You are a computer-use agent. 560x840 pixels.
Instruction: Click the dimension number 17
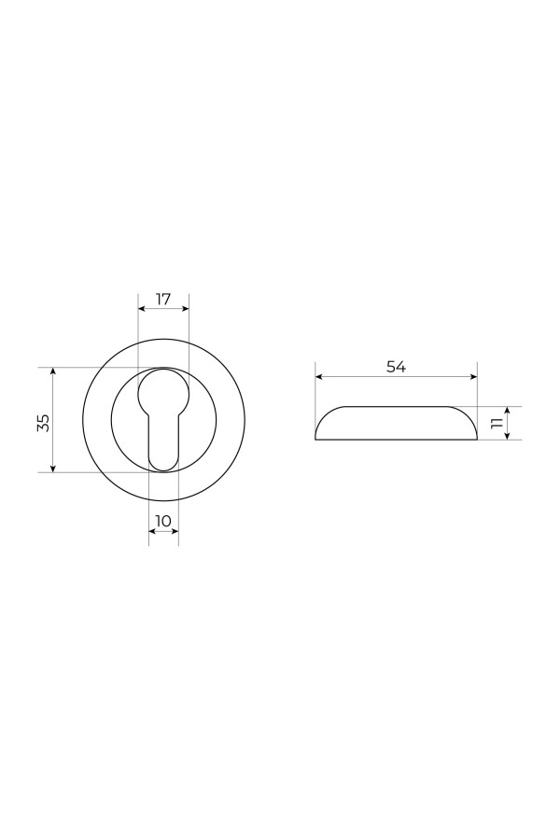click(163, 299)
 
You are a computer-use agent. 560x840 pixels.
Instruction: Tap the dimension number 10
click(163, 521)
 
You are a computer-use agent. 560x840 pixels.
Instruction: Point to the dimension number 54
click(396, 367)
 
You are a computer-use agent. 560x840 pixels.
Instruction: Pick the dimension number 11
click(496, 423)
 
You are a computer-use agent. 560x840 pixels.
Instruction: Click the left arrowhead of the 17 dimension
click(142, 309)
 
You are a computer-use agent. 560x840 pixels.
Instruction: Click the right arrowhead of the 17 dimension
click(186, 309)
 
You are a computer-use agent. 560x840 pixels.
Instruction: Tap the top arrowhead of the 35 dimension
click(52, 371)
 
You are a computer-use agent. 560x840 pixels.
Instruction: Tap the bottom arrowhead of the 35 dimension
click(52, 469)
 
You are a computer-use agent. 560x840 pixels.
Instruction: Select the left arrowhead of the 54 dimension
click(319, 377)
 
